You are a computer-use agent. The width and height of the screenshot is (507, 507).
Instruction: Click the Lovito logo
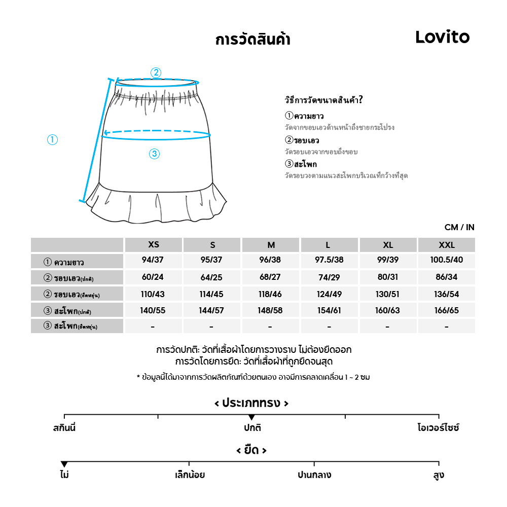coord(442,37)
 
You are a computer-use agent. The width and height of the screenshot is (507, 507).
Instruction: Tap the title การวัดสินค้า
coord(252,40)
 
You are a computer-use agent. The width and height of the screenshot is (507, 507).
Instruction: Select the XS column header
coord(154,245)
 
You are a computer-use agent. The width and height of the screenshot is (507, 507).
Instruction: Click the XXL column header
coord(447,245)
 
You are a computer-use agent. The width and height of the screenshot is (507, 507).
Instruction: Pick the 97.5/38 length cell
coord(329,261)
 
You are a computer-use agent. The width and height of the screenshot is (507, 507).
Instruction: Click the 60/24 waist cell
coord(154,277)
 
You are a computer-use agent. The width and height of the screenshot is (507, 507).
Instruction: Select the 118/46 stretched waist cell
coord(271,294)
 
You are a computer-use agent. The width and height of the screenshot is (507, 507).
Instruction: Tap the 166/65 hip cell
coord(447,310)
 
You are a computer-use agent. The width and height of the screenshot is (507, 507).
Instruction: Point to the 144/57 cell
coord(212,310)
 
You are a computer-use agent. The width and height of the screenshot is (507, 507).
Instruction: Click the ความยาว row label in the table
coord(70,263)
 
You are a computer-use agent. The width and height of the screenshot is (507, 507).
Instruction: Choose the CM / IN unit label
coord(459,227)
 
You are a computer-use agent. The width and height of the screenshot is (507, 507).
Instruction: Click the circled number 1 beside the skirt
coord(52,140)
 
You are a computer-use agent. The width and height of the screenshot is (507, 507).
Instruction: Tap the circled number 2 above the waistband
coord(156,73)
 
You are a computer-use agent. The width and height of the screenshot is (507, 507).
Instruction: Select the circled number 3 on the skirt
coord(155,154)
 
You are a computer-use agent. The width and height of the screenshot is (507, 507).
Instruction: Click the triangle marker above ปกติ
coord(251,417)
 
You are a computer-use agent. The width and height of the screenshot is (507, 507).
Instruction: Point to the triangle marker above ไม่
coord(64,464)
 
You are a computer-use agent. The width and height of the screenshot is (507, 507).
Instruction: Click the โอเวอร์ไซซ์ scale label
coord(439,428)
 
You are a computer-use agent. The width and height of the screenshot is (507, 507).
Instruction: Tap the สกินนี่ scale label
coord(64,428)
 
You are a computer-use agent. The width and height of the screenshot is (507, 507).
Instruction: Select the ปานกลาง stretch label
coord(314,476)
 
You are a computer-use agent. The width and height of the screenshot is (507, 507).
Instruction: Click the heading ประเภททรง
coord(251,404)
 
